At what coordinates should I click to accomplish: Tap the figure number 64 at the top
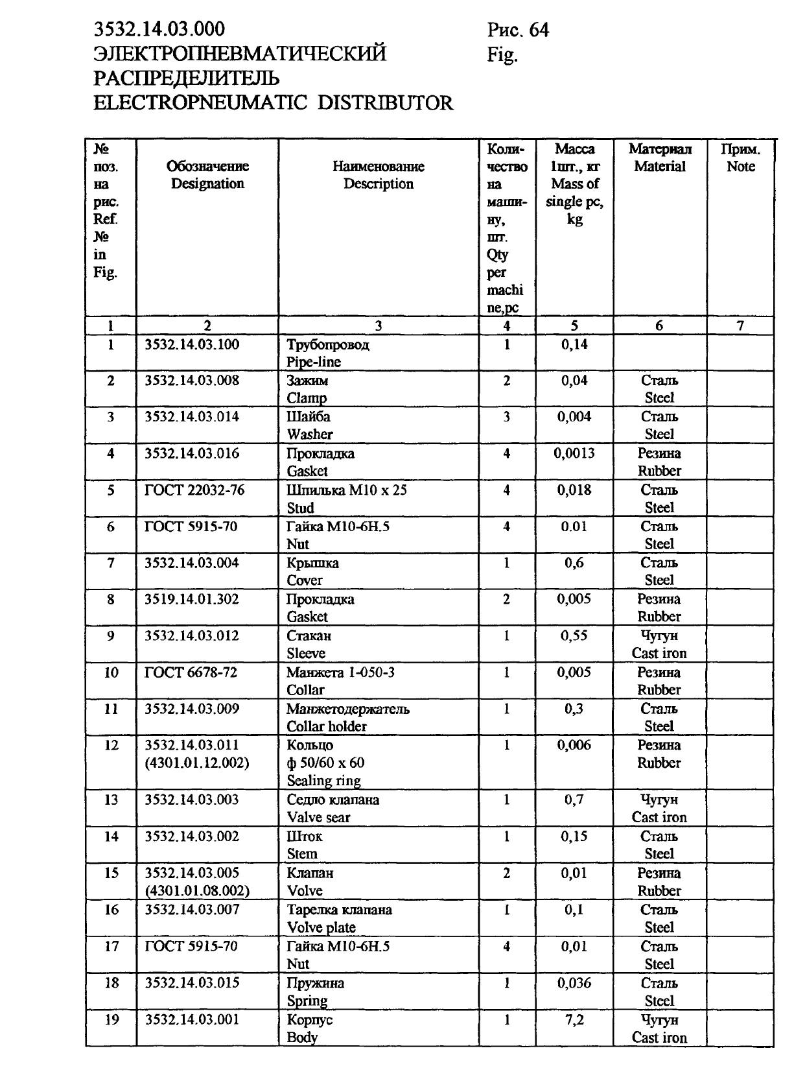[x=539, y=30]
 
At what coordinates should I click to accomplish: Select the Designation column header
[x=207, y=184]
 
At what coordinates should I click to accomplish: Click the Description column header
[x=378, y=184]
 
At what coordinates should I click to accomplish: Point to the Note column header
[x=740, y=167]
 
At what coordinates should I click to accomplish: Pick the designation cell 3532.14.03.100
[x=192, y=344]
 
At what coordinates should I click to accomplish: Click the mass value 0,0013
[x=574, y=453]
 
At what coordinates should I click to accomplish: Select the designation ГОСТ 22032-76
[x=194, y=490]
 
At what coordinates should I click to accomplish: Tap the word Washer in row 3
[x=310, y=434]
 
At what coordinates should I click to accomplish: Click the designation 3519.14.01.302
[x=192, y=599]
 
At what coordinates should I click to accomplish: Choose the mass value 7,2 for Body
[x=574, y=1020]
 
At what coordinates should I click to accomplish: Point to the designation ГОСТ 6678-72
[x=191, y=672]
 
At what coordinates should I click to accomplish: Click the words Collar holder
[x=327, y=727]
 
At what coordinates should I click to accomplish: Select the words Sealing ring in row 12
[x=323, y=781]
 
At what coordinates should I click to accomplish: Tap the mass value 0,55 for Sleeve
[x=574, y=636]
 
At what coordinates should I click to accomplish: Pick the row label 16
[x=111, y=910]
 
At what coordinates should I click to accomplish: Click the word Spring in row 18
[x=307, y=1001]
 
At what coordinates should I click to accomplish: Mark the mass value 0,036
[x=574, y=983]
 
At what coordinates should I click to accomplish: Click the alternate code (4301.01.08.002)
[x=197, y=891]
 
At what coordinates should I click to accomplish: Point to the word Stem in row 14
[x=302, y=854]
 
